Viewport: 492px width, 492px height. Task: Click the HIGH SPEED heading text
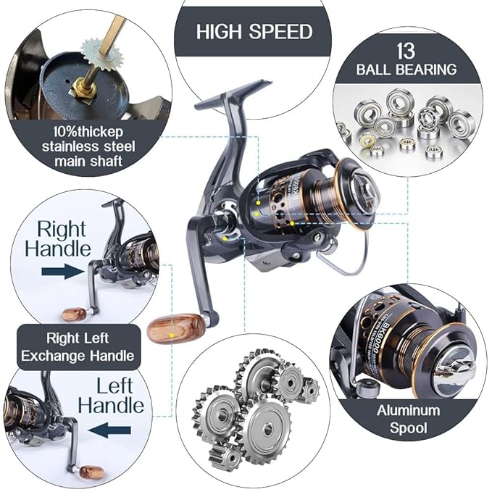point(254,32)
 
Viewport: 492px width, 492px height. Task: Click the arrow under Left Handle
point(109,430)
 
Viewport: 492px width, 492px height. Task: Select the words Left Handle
point(111,394)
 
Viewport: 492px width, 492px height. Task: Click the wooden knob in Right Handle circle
point(73,314)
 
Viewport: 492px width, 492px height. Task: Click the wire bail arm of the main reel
point(348,264)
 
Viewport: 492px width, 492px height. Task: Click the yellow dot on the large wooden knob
point(171,336)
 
